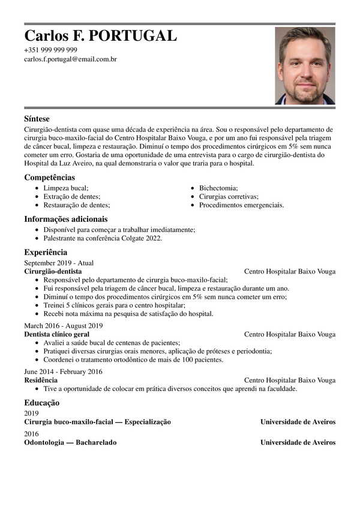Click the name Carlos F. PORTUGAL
pos(100,35)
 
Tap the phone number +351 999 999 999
pos(50,50)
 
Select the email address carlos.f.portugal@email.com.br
pos(70,59)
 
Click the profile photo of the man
pos(305,66)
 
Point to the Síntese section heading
pos(37,119)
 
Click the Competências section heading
pos(50,177)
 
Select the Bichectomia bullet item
pos(218,188)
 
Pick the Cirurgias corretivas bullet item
pos(229,196)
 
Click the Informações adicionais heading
pos(66,219)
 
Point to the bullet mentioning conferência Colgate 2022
pos(103,238)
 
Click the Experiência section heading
pos(46,252)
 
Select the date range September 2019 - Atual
pos(59,263)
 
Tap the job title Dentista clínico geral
pos(57,334)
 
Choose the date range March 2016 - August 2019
pos(64,326)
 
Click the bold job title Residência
pos(41,380)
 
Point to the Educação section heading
pos(41,403)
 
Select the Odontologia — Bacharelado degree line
pos(71,442)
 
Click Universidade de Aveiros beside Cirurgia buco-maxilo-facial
pos(298,422)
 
